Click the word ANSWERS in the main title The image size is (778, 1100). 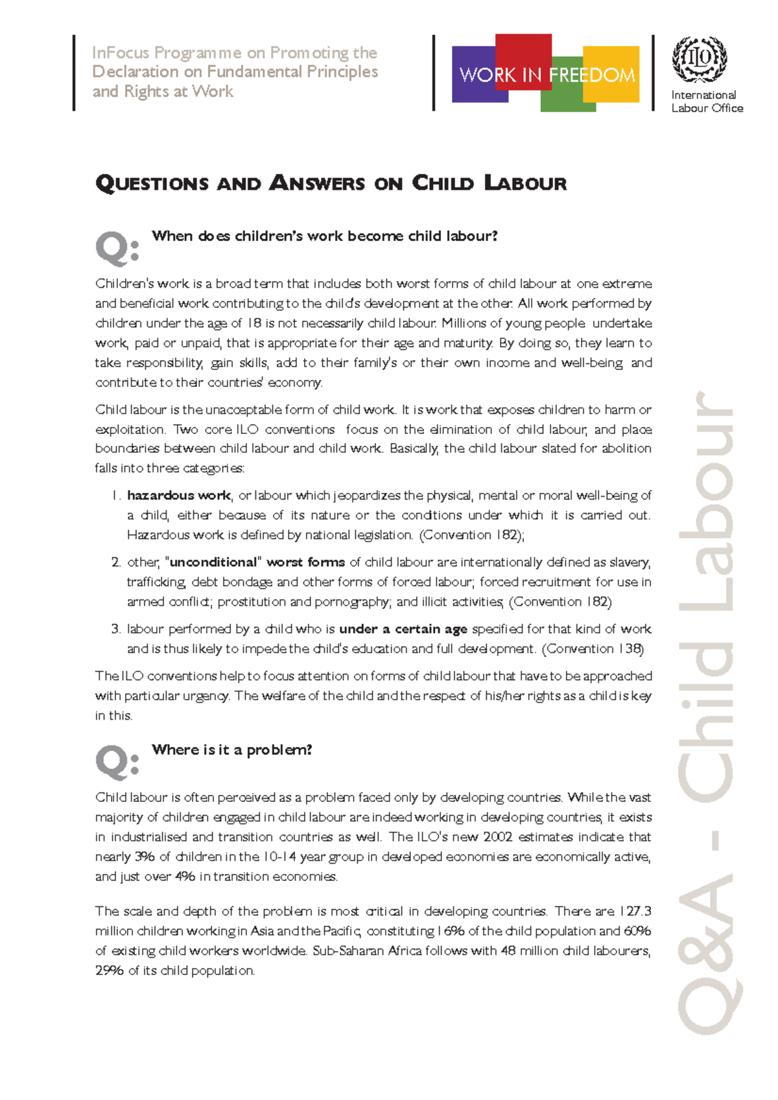point(317,183)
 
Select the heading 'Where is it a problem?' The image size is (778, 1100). point(231,750)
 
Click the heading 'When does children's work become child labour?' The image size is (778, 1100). point(324,236)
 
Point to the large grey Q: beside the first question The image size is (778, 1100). point(117,249)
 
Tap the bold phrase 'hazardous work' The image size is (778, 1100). point(179,496)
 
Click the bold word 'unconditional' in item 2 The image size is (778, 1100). point(213,562)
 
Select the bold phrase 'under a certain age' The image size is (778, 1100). point(403,629)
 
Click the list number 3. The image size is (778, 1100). point(115,629)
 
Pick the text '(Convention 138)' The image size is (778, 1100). point(593,649)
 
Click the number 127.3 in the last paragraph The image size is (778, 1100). point(635,911)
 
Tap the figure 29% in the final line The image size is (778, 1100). point(109,971)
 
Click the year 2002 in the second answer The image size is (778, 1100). point(497,837)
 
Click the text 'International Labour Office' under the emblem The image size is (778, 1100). point(706,102)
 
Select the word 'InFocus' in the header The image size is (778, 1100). point(120,52)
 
